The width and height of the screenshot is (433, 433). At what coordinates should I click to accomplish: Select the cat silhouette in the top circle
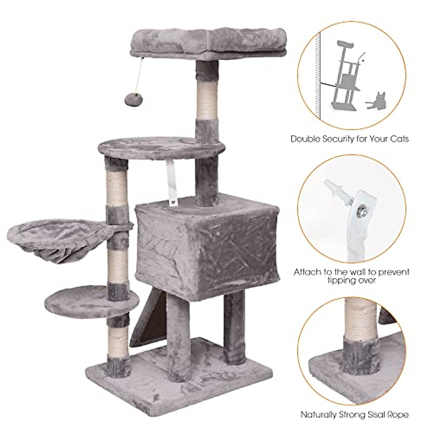(x=375, y=100)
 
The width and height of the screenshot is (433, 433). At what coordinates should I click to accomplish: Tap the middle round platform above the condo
(x=162, y=147)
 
